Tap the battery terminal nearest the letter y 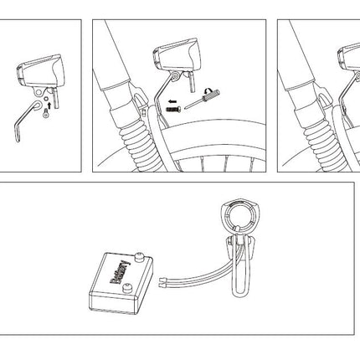138,257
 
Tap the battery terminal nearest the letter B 127,287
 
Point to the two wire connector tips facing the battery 162,282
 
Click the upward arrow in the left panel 49,105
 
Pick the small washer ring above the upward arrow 46,99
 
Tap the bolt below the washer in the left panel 45,114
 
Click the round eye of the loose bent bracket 37,105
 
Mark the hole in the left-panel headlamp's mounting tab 39,90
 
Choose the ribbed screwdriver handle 212,95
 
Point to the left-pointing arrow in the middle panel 172,100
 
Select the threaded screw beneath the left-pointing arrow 173,110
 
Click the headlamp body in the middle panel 177,55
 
